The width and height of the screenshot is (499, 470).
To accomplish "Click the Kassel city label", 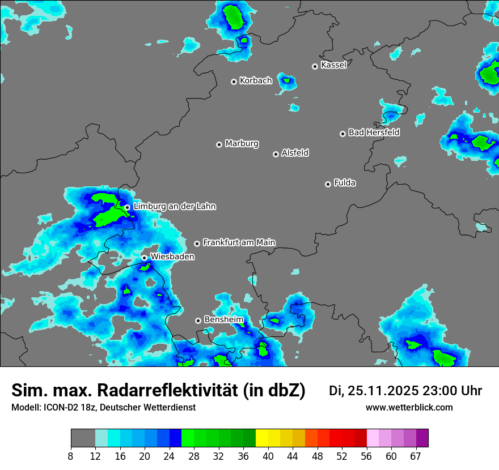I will point(333,65).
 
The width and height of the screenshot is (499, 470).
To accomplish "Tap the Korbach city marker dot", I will point(234,82).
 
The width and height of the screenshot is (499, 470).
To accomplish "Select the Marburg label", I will point(242,144).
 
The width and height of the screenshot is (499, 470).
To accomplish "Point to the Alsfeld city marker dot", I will point(276,154).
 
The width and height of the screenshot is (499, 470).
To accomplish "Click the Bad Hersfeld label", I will point(374,133).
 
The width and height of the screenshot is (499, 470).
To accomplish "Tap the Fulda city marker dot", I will point(328,184).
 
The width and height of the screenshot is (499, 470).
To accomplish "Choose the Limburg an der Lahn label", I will point(174,207).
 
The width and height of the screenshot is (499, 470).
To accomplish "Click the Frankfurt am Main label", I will point(239,243).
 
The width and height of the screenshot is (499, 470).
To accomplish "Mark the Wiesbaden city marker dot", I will point(144,258).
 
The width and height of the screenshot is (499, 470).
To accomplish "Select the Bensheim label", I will point(223,320).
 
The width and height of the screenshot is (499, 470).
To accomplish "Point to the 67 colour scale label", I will point(416,455).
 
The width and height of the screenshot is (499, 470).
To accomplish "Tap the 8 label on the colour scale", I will point(71,455).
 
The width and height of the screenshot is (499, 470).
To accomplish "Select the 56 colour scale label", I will point(366,455).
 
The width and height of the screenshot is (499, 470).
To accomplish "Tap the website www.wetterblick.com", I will point(409,408).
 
